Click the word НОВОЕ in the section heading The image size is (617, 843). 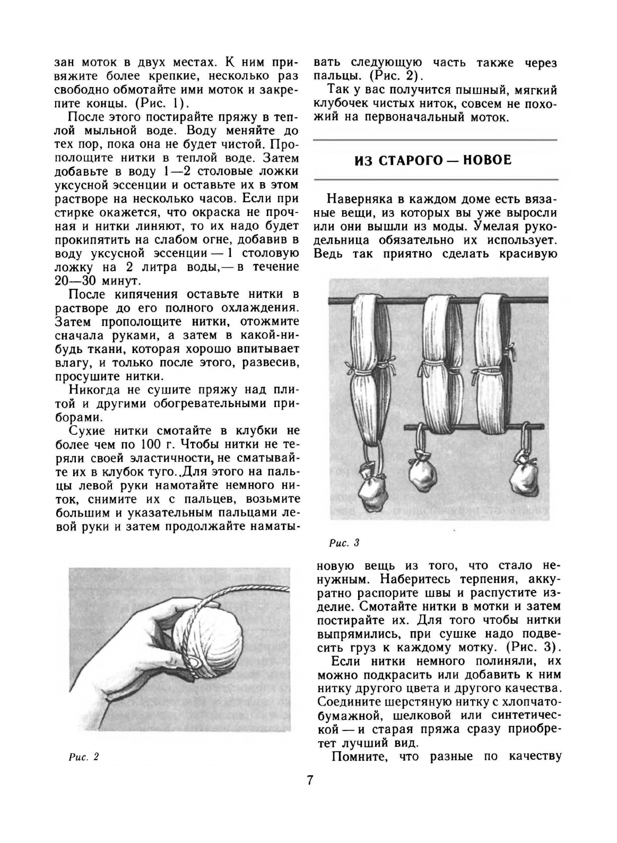click(x=488, y=160)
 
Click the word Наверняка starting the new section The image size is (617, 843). click(x=358, y=200)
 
